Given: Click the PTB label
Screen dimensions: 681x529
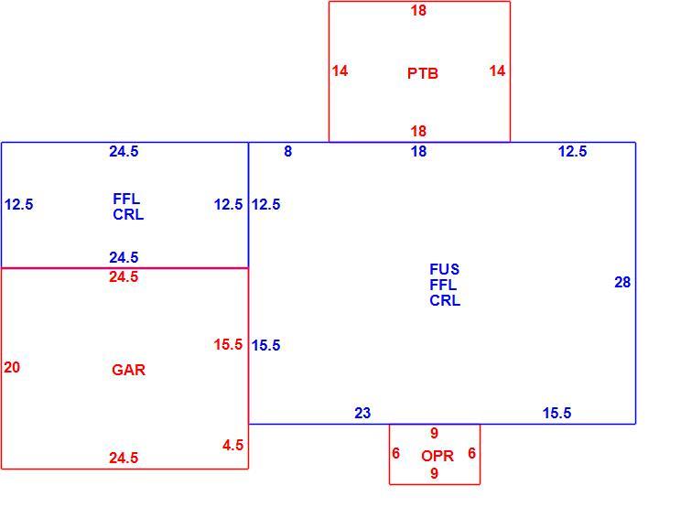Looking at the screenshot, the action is [x=423, y=73].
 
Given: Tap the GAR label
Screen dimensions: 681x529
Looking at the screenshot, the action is [x=128, y=370].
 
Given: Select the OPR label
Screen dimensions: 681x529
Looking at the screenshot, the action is [x=438, y=456].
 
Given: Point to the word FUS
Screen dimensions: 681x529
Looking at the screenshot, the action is [x=444, y=269].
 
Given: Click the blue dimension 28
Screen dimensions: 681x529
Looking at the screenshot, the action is [x=622, y=282].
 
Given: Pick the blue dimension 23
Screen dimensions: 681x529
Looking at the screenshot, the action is [x=362, y=413].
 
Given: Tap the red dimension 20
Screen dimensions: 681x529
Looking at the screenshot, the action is [x=12, y=367].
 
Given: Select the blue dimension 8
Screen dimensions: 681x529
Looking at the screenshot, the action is [x=288, y=152].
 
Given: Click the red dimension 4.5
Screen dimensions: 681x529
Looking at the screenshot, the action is [x=232, y=445].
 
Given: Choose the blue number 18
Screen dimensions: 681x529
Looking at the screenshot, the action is [x=418, y=152].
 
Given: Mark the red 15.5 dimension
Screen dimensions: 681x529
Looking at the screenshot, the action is [x=228, y=345].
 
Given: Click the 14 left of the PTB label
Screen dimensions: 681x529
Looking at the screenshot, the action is [x=340, y=70].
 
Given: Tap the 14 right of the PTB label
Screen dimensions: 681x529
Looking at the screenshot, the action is [x=497, y=70].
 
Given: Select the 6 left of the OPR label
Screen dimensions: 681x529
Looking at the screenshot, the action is [x=395, y=453].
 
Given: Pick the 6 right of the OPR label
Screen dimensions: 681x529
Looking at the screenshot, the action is [x=472, y=453].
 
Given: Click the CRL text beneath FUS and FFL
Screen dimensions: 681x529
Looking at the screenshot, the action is [x=445, y=300].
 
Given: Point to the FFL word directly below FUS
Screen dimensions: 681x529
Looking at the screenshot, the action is [x=443, y=285].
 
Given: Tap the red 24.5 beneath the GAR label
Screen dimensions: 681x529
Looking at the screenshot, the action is [x=124, y=458].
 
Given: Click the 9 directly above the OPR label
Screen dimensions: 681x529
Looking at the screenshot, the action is [x=434, y=433].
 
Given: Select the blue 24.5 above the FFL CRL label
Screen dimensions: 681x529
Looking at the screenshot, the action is [x=124, y=152].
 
